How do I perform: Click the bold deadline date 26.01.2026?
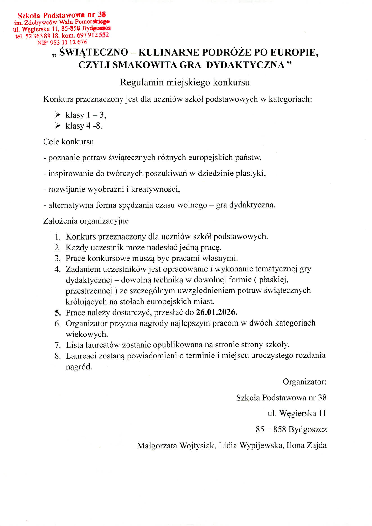[x=217, y=312]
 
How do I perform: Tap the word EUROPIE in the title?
[x=295, y=52]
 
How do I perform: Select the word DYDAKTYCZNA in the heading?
[x=245, y=65]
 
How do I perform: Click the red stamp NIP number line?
[x=62, y=43]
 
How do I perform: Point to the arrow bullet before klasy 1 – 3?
[x=58, y=115]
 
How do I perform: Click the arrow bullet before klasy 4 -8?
[x=58, y=125]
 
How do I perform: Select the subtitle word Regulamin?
[x=142, y=83]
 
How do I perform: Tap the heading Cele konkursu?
[x=69, y=142]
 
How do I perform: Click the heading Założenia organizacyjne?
[x=86, y=221]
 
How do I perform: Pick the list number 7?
[x=58, y=345]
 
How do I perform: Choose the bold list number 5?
[x=58, y=312]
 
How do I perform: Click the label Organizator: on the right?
[x=304, y=382]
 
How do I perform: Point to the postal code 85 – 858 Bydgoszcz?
[x=291, y=429]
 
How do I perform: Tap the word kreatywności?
[x=156, y=189]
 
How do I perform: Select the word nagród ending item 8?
[x=79, y=367]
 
